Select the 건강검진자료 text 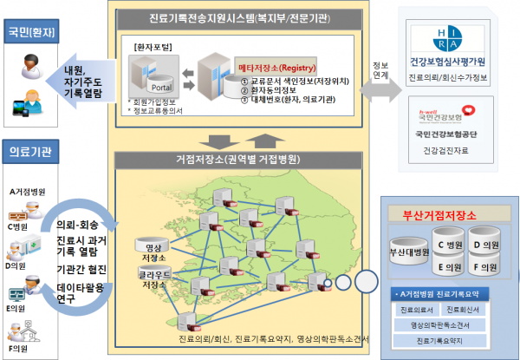[x=448, y=151]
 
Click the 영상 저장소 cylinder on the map [x=152, y=247]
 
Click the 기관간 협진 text [x=81, y=270]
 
